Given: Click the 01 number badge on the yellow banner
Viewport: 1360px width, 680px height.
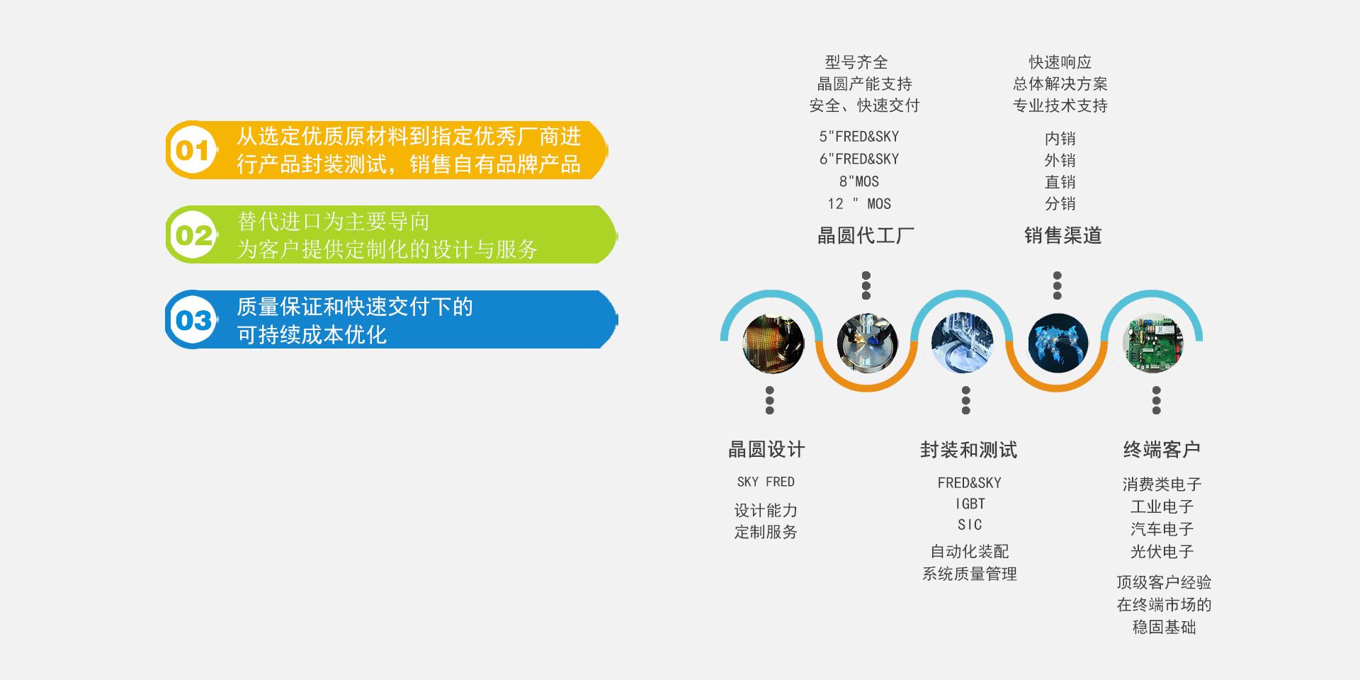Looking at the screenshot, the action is coord(193,150).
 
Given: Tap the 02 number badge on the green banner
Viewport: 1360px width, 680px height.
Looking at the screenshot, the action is coord(193,235).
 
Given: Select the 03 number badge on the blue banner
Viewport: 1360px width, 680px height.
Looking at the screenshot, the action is coord(193,320).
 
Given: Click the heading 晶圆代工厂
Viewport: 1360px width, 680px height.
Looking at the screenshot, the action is coord(866,235).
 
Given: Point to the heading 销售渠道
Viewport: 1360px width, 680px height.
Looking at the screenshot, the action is coord(1062,235).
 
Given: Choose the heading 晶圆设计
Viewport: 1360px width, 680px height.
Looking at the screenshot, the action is coord(766,449).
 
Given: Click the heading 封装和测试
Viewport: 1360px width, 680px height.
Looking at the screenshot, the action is coord(968,449).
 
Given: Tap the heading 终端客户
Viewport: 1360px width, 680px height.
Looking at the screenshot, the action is coord(1162,449).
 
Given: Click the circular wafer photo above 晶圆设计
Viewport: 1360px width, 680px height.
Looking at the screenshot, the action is coord(773,344).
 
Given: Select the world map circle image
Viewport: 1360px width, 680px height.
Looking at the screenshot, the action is coord(1058,344).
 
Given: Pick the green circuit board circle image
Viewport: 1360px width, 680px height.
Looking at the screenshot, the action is coord(1153,344).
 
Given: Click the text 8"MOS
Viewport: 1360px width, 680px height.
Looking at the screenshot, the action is coord(859,181).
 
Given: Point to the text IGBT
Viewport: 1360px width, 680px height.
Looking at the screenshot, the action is coord(970,504).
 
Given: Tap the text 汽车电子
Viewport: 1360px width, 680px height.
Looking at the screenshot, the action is coord(1162,529).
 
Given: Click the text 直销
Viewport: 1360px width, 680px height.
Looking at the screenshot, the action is coord(1060,182).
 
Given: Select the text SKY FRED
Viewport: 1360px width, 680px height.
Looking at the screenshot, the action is coord(766,482).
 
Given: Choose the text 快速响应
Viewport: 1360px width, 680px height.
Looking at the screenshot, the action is coord(1060,62).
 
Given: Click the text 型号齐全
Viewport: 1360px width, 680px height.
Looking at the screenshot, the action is coord(856,62).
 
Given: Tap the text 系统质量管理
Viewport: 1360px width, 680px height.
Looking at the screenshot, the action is coord(969,574).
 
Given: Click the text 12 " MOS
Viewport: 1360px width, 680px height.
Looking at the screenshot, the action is coord(859,204).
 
